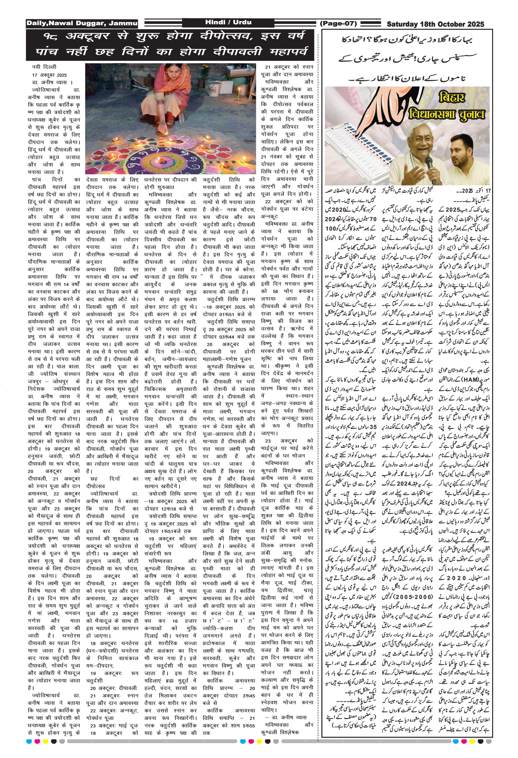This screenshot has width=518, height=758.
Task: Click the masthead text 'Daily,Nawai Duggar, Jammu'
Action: (82, 23)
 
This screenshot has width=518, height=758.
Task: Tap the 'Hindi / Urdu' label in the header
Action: (228, 22)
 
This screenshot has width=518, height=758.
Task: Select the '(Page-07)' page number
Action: (338, 23)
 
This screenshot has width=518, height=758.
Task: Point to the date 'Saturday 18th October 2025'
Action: (435, 24)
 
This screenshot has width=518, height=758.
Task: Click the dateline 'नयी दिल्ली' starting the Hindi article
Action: (44, 67)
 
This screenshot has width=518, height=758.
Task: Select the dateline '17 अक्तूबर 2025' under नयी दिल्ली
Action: (49, 75)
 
